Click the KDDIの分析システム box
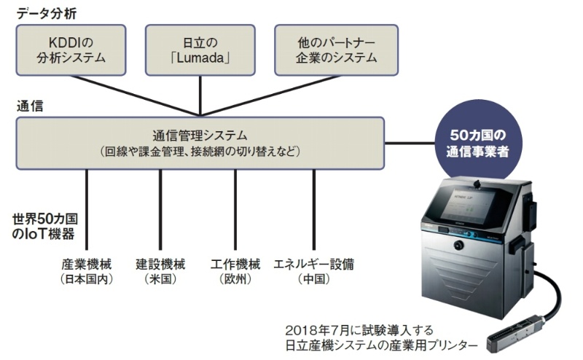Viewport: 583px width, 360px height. coord(71,50)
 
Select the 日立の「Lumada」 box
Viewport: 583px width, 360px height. coord(200,50)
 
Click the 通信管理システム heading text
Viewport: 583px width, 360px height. coord(200,135)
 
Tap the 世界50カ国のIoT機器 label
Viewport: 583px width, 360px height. coord(45,226)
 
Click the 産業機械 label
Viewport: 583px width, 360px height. coord(87,263)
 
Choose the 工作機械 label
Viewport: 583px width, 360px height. coord(235,263)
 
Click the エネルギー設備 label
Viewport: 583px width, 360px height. coord(314,263)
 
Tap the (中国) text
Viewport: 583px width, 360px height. coord(314,280)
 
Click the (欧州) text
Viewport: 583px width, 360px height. coord(235,280)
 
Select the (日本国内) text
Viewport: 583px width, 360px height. coord(87,280)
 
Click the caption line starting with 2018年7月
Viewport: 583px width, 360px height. coord(364,329)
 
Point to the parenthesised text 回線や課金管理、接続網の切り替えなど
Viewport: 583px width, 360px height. coord(200,152)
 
